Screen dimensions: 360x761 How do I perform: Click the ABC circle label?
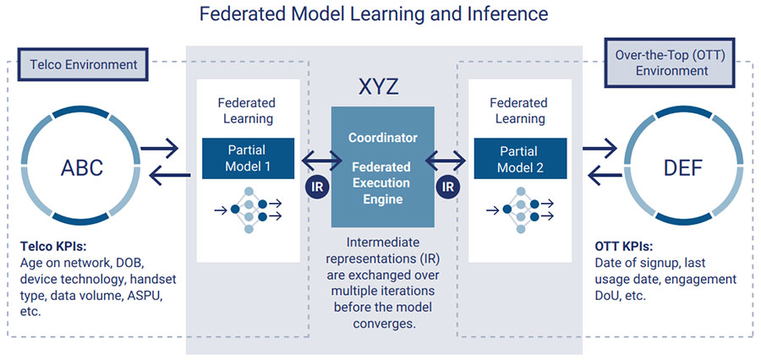pyautogui.click(x=81, y=167)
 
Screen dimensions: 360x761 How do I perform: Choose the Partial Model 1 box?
pyautogui.click(x=249, y=158)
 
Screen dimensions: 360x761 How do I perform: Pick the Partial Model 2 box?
pyautogui.click(x=519, y=158)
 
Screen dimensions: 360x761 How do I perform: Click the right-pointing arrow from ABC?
pyautogui.click(x=160, y=150)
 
